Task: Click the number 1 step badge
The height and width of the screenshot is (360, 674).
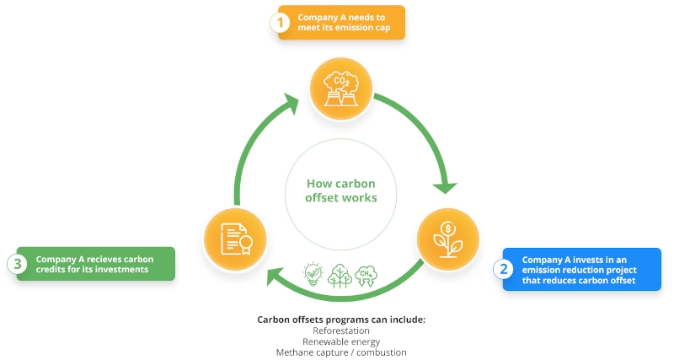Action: [280, 23]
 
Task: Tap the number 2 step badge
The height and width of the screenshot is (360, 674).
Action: [504, 269]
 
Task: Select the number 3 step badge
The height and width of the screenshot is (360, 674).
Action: [18, 263]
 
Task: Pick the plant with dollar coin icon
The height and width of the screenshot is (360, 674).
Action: [447, 240]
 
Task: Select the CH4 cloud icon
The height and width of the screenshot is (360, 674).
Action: [368, 276]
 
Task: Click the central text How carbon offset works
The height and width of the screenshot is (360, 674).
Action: [341, 191]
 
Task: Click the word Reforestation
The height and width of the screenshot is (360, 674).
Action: [340, 330]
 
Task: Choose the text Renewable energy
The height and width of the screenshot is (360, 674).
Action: [340, 341]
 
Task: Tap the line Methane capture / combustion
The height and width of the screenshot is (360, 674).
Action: [341, 352]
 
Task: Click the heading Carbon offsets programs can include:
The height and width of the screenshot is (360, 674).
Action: [341, 320]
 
